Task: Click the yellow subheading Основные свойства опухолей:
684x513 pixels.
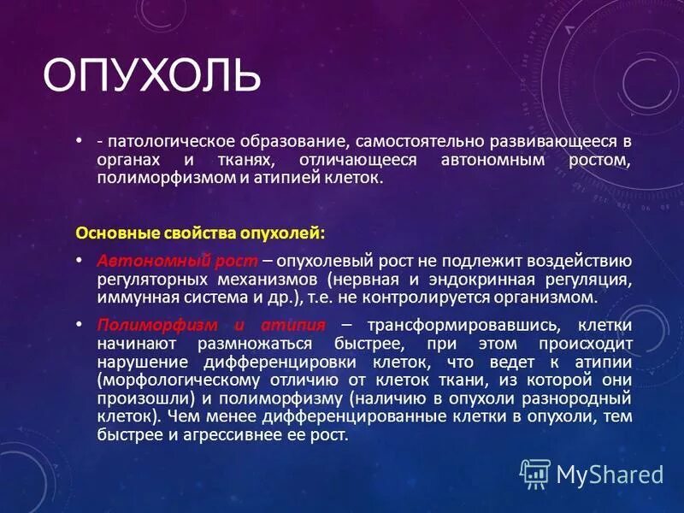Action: (x=201, y=233)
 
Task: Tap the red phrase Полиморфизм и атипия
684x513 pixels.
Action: (x=211, y=326)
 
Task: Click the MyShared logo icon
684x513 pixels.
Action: (x=535, y=473)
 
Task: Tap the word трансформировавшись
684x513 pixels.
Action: (x=463, y=326)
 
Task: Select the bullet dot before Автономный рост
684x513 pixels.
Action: (x=79, y=261)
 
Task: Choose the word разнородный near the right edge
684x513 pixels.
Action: (x=587, y=398)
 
